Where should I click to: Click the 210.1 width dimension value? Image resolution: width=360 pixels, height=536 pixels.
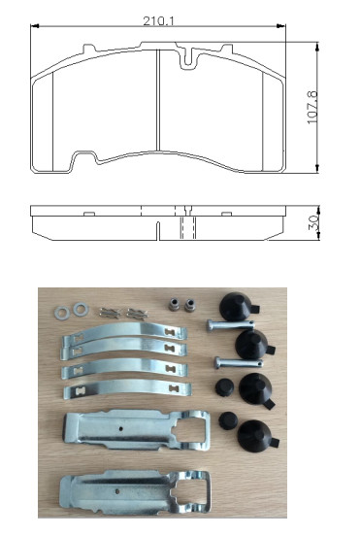[158, 21]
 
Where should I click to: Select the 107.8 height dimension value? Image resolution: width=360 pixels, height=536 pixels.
[312, 108]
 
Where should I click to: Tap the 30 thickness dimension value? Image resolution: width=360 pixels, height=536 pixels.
[313, 222]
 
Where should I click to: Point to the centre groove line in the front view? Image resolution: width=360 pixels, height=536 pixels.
[158, 100]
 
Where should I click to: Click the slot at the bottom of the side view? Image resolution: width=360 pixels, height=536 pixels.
[158, 231]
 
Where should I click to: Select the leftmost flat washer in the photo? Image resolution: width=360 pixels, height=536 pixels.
[62, 313]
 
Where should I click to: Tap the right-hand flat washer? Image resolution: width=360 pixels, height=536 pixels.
[81, 309]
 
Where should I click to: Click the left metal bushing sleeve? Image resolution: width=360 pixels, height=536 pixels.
[175, 304]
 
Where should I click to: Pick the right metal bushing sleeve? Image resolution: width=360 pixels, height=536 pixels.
[189, 305]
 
